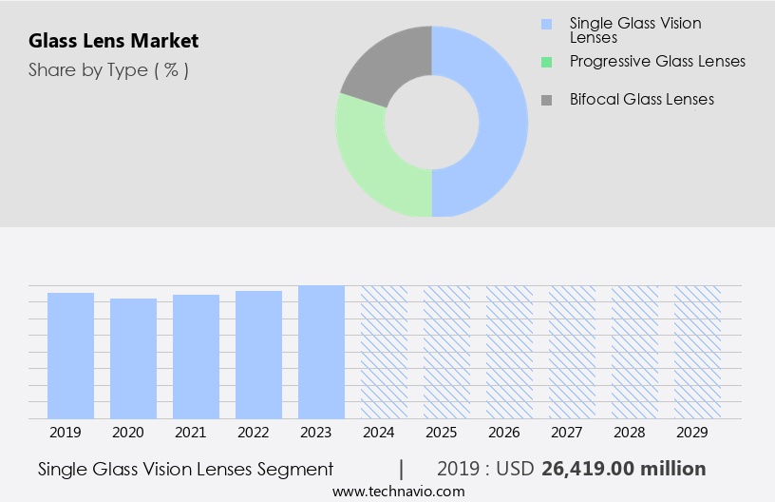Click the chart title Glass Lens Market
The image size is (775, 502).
pos(114,41)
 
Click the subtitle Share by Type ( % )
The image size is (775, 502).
pos(108,69)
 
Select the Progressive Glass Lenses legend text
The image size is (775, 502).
pos(657,61)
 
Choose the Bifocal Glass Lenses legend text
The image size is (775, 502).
pos(642,99)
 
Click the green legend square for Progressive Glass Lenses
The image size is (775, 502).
pos(545,62)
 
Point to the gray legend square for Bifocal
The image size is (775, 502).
pos(545,100)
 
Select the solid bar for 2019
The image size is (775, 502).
pos(71,356)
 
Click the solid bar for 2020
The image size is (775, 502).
pos(134,358)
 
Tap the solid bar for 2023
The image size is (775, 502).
pos(321,352)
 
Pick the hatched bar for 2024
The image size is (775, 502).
pos(384,352)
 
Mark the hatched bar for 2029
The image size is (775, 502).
pos(697,352)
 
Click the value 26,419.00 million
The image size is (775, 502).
pos(623,469)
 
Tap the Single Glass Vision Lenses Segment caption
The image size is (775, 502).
pos(186,469)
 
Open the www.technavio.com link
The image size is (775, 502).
pos(399,492)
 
